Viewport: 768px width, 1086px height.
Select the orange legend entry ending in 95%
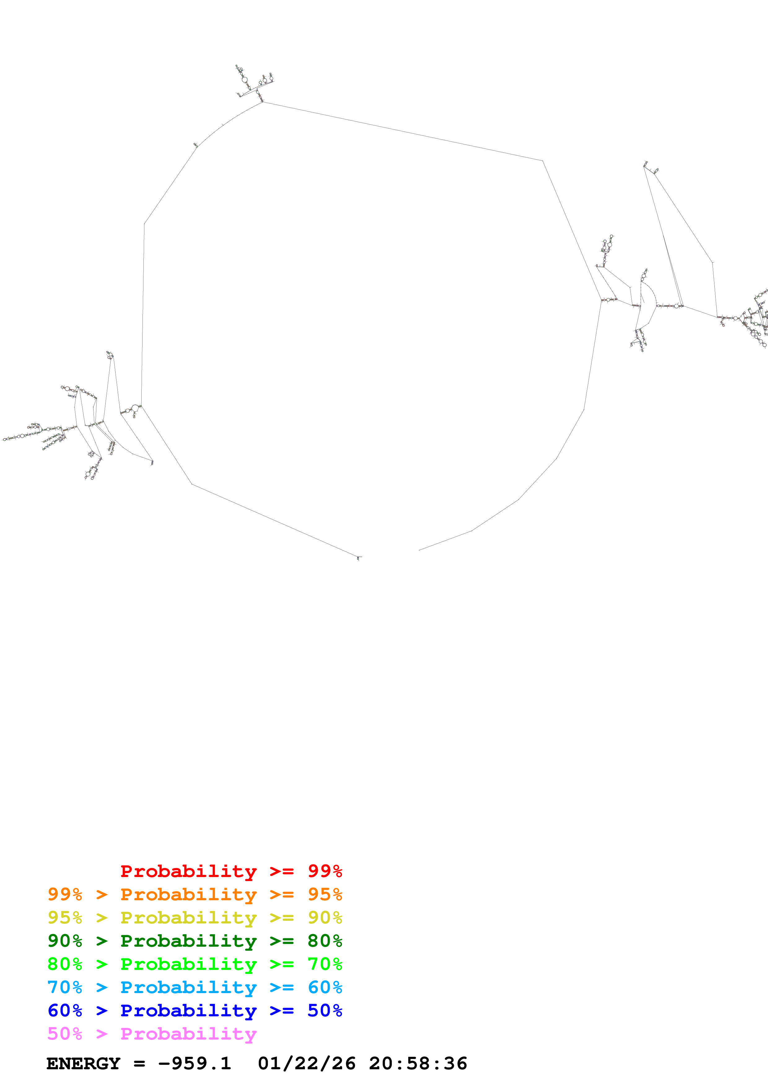[x=195, y=894]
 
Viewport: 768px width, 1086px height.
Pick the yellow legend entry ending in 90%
[x=195, y=918]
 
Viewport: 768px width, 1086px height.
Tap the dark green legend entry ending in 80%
[x=195, y=941]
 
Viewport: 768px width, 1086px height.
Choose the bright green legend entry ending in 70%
[x=195, y=964]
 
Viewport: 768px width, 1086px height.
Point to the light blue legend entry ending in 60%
[x=195, y=987]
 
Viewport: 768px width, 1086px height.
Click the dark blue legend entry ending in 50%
[x=195, y=1010]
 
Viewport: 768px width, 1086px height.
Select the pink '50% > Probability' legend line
[x=151, y=1033]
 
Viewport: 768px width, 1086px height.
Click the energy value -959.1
[x=195, y=1063]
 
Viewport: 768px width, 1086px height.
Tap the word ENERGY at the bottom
[x=83, y=1063]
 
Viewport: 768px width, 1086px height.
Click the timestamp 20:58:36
[x=418, y=1063]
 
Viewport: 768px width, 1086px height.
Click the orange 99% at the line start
[x=65, y=894]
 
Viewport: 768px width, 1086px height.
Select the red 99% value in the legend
[x=325, y=871]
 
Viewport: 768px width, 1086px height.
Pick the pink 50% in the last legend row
[x=65, y=1033]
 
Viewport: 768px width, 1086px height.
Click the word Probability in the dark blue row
[x=188, y=1010]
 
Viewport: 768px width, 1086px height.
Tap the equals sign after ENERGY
[x=139, y=1063]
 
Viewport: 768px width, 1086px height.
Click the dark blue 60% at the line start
[x=65, y=1010]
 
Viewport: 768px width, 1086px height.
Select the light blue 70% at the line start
[x=65, y=987]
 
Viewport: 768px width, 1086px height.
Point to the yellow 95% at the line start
[x=65, y=918]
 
